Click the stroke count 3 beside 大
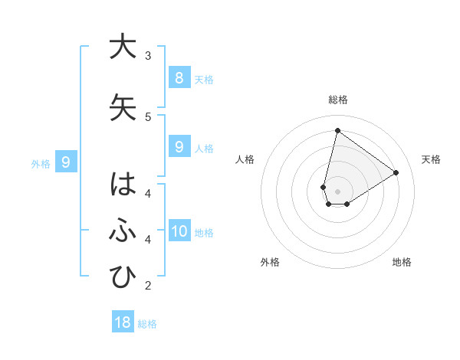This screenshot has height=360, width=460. [x=148, y=55]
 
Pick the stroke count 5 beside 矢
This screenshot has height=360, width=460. [x=148, y=116]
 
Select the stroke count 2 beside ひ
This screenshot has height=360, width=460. [x=148, y=286]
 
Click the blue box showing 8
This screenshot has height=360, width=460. [x=179, y=77]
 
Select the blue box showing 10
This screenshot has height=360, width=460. [x=179, y=231]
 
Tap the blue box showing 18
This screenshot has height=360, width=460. [x=123, y=322]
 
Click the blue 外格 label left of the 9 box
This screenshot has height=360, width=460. [x=40, y=163]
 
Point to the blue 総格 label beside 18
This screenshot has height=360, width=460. [x=147, y=324]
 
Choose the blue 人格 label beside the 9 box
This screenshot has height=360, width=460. [x=204, y=149]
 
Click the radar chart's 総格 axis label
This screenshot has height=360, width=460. [x=337, y=100]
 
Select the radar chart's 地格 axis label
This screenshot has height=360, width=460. [x=402, y=262]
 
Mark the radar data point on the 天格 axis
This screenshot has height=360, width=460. [x=396, y=172]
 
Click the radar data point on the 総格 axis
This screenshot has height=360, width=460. [x=337, y=130]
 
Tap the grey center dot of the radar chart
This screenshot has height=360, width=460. [x=337, y=191]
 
